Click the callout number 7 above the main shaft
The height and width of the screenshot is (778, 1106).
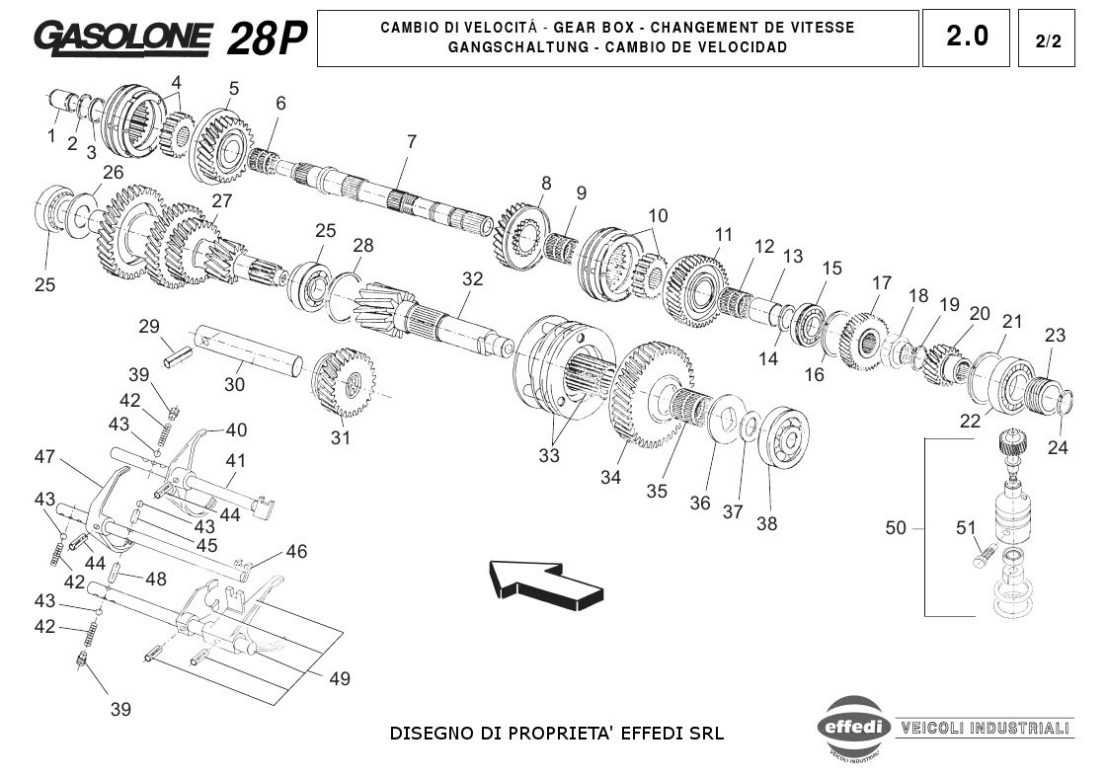click(411, 141)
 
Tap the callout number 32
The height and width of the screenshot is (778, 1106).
click(473, 279)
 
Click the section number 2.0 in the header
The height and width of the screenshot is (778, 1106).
click(966, 37)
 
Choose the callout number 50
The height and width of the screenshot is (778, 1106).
click(895, 529)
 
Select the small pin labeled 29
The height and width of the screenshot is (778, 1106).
click(177, 354)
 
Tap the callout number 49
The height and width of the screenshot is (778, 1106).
click(339, 679)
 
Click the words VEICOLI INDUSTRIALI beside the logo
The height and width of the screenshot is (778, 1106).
click(984, 729)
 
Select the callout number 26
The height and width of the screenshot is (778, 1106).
click(114, 173)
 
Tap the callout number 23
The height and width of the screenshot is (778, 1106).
click(1055, 336)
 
